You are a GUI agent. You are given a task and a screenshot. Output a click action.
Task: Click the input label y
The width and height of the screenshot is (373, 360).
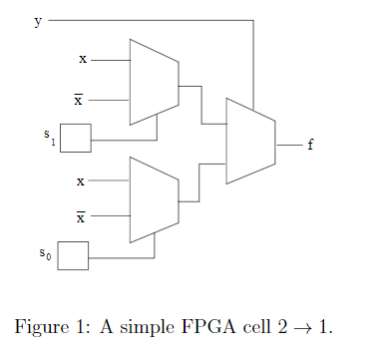pyautogui.click(x=39, y=20)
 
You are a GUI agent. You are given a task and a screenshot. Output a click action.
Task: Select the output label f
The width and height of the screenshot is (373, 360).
pyautogui.click(x=310, y=146)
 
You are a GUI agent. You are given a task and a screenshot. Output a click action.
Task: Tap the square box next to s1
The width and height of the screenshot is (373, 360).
pyautogui.click(x=76, y=138)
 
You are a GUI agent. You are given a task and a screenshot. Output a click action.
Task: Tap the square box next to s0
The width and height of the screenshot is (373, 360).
pyautogui.click(x=73, y=255)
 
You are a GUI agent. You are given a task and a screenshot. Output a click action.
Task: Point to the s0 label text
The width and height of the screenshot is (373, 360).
pyautogui.click(x=45, y=254)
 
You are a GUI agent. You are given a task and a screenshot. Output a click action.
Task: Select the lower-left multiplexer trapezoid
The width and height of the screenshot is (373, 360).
pyautogui.click(x=154, y=199)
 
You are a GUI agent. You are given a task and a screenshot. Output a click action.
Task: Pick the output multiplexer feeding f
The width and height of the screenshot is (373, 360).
pyautogui.click(x=250, y=141)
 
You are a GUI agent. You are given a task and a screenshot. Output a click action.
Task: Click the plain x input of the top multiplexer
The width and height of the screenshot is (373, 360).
pyautogui.click(x=83, y=60)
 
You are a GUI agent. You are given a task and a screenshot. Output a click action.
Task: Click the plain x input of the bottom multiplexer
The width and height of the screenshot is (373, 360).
pyautogui.click(x=81, y=181)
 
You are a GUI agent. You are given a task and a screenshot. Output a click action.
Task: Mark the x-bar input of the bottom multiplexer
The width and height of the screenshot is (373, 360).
pyautogui.click(x=80, y=216)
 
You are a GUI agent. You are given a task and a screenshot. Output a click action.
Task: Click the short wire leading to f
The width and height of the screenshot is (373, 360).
pyautogui.click(x=288, y=145)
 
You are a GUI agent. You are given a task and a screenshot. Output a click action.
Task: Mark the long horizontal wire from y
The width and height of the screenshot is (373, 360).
pyautogui.click(x=150, y=20)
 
